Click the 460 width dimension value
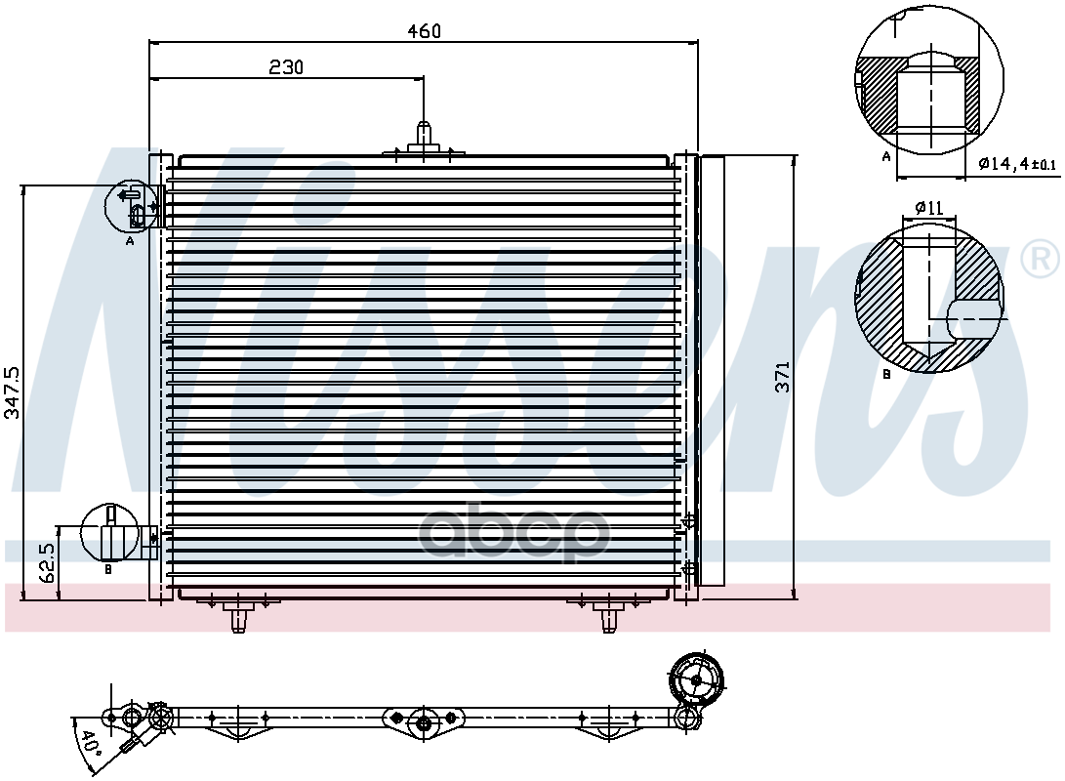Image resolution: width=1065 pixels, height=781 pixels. coord(425,30)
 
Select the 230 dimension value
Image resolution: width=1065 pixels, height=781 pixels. coord(286,66)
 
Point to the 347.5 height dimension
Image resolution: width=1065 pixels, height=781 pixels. coord(12,392)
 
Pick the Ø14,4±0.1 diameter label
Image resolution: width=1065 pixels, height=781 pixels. coord(1016,164)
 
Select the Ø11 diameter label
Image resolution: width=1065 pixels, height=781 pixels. coord(928,207)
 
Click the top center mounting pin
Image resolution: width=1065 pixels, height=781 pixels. coord(425,136)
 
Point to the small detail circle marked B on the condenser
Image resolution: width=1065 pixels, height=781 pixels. coord(108,531)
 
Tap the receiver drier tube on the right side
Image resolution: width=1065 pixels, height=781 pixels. coord(713,371)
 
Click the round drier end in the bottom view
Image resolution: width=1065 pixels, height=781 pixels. coord(696,679)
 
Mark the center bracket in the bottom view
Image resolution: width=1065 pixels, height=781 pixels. coord(424,721)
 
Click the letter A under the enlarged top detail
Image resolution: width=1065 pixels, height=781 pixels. coord(886,156)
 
